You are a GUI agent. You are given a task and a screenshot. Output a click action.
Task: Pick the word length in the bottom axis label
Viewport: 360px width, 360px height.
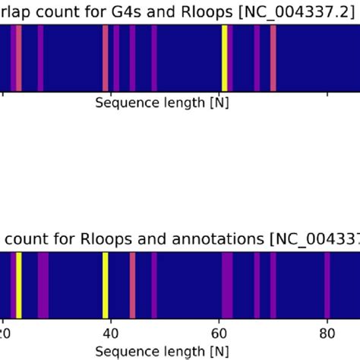[x=176, y=352]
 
